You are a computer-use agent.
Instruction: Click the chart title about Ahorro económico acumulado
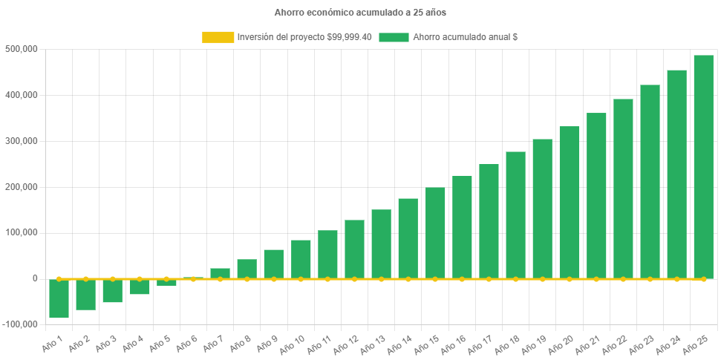click(360, 13)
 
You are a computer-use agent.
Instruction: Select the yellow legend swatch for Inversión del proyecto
click(218, 37)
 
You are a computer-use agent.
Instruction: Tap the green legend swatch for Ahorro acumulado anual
click(394, 37)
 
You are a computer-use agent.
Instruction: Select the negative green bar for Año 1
click(59, 298)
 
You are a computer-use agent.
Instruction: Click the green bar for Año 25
click(703, 167)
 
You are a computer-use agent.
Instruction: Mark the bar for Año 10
click(301, 259)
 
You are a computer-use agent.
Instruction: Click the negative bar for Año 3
click(112, 291)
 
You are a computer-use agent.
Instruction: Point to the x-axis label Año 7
click(212, 343)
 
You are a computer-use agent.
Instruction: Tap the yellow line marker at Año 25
click(703, 279)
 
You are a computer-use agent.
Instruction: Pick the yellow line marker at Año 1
click(59, 279)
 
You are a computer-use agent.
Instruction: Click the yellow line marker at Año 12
click(354, 279)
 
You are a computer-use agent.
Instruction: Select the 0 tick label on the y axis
click(34, 278)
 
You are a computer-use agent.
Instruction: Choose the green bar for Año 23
click(650, 182)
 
